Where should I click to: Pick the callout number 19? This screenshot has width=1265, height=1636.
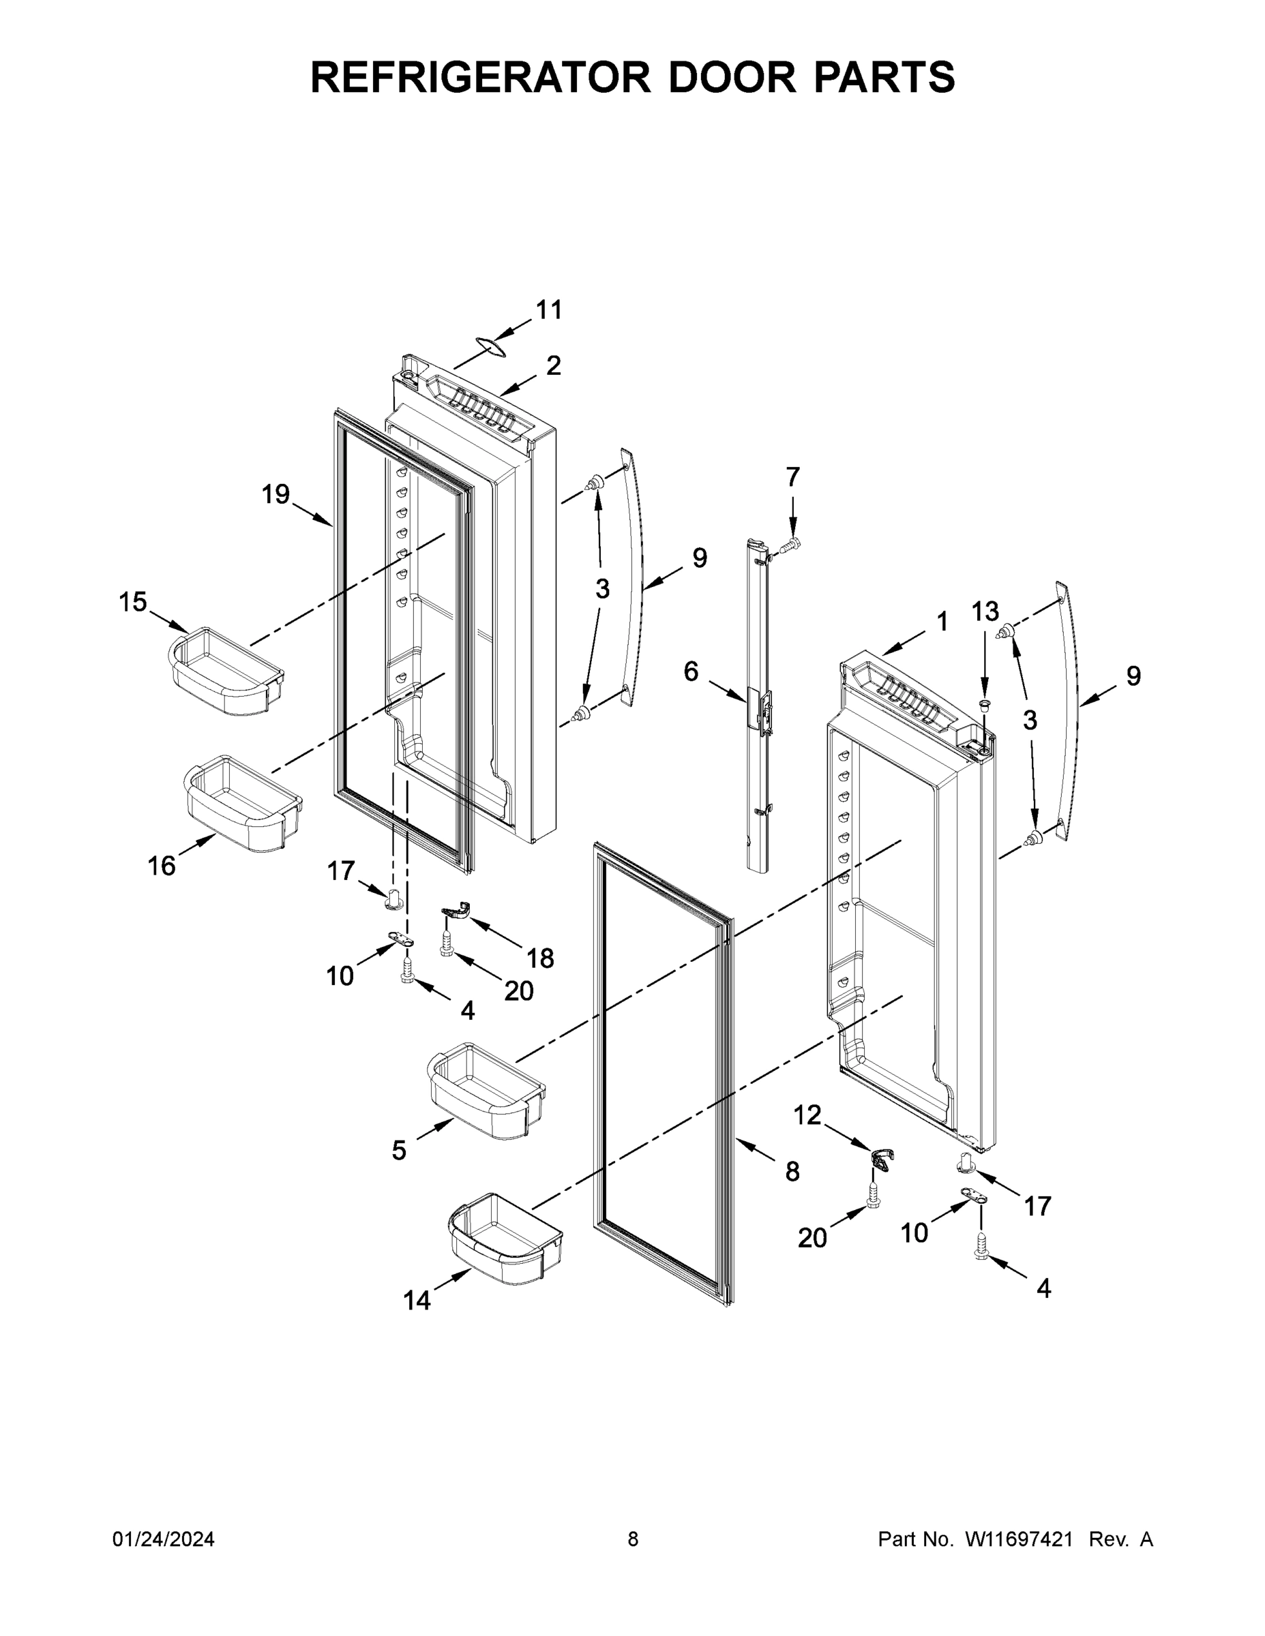276,494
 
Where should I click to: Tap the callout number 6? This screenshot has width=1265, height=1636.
690,672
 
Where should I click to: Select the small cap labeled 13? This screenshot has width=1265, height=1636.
985,704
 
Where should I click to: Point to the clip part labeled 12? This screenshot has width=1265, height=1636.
882,1162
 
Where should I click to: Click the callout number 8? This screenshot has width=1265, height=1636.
792,1172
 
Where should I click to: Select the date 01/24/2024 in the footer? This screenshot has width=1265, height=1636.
164,1539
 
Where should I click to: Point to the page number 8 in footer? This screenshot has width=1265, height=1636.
633,1539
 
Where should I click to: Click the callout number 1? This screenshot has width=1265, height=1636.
942,621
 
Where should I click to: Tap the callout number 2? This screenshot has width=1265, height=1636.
553,365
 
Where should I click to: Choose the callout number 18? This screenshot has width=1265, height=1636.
539,957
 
